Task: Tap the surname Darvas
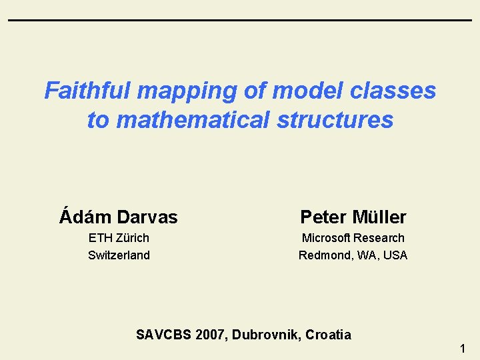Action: [147, 217]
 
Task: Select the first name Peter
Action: [323, 217]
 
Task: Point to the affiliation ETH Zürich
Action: [119, 237]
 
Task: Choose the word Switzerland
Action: [119, 255]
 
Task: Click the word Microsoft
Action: [326, 237]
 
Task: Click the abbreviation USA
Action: [394, 255]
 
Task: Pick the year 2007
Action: [211, 335]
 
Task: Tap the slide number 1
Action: [463, 347]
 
